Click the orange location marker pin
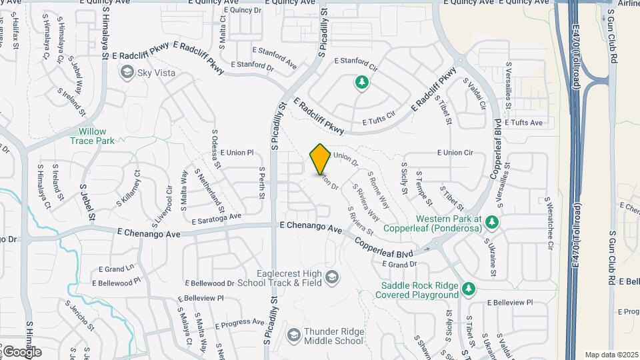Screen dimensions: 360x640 coord(320,159)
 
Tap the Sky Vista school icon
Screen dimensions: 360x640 coord(126,72)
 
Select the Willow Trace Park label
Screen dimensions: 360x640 coord(92,136)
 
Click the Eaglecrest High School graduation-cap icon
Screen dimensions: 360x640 coord(331,277)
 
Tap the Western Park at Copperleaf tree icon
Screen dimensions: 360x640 coord(492,221)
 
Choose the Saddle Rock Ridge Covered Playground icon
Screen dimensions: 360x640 coord(469,289)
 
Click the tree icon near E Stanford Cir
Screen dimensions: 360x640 coord(361,83)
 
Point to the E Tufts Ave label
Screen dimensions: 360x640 coord(524,123)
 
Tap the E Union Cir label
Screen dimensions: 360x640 coord(455,153)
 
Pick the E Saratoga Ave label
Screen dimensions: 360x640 coord(215,219)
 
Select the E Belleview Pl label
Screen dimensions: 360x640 coord(510,302)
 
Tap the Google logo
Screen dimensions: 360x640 coord(21,351)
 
